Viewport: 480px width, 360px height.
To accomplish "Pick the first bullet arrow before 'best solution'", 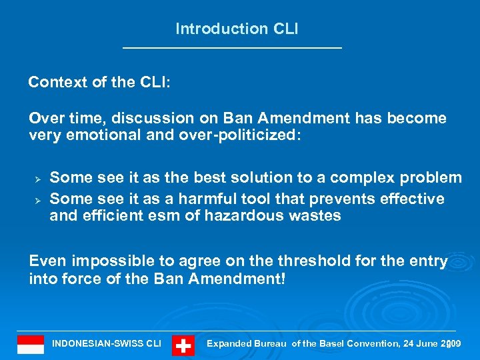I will (x=38, y=179).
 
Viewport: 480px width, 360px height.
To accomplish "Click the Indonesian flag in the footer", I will (x=31, y=345).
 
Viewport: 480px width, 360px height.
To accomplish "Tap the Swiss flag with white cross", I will (x=183, y=345).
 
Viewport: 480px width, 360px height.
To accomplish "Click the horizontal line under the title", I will (x=232, y=47).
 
